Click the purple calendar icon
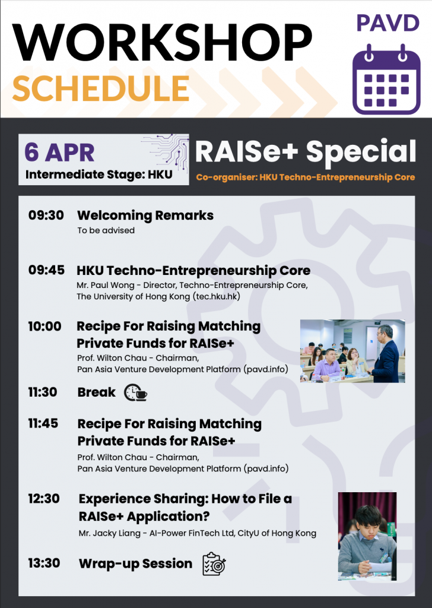pos(386,80)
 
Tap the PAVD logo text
pos(388,23)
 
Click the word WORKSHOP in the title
pos(162,43)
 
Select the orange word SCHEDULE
pos(101,88)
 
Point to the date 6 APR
pos(59,153)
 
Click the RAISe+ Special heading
pos(305,151)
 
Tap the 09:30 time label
pos(46,215)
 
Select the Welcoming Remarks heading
pos(145,215)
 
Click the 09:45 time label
pos(46,270)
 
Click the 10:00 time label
pos(45,326)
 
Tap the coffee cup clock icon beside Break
pos(136,393)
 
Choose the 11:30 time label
pos(43,392)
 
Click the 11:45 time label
pos(43,423)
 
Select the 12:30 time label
pos(44,499)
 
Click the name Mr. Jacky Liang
pos(109,534)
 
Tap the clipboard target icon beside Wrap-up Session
pos(214,564)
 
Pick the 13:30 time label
pos(44,563)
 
